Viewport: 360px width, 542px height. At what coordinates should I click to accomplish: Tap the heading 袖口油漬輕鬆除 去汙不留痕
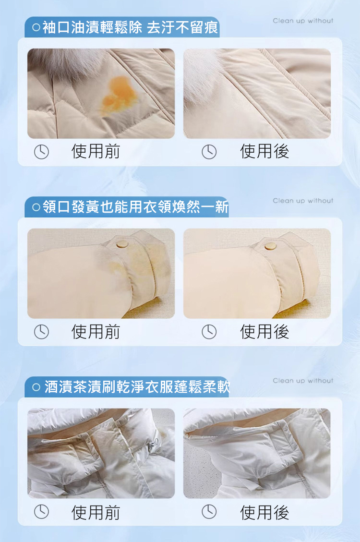130,27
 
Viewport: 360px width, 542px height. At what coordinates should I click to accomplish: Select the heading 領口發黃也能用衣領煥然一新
135,207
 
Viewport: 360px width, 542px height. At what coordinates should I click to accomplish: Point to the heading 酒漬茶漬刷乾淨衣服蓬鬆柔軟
137,387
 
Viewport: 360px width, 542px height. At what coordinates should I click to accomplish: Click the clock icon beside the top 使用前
41,152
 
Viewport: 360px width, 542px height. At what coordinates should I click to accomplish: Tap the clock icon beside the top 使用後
209,152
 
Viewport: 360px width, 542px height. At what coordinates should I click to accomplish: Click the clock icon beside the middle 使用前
41,332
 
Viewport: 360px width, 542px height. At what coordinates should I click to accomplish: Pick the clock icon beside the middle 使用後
209,332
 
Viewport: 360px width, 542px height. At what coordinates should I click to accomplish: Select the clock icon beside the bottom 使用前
41,512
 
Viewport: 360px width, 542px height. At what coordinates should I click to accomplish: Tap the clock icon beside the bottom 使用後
209,512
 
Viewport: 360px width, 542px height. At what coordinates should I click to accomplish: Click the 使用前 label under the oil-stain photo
96,151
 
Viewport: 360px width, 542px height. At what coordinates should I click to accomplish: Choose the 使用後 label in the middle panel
264,332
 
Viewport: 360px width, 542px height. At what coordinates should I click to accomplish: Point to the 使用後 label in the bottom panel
264,512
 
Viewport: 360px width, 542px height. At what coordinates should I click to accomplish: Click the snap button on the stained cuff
122,245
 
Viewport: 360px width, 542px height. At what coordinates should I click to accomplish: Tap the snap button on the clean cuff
271,246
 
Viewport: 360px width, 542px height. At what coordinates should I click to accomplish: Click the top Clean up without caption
303,21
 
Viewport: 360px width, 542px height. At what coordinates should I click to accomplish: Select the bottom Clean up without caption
303,381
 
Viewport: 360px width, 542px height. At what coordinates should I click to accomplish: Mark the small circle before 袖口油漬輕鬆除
36,27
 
